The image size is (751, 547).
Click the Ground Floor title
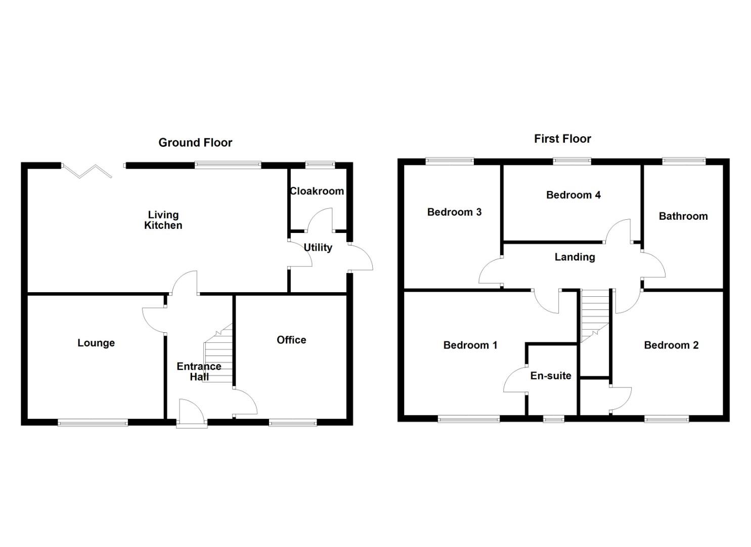click(195, 143)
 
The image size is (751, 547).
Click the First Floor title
click(562, 139)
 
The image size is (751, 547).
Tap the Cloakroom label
click(317, 191)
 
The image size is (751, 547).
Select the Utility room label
click(318, 248)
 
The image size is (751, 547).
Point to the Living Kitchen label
click(163, 220)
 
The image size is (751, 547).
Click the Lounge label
click(96, 343)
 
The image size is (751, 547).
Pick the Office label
click(291, 340)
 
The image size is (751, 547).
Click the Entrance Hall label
click(199, 371)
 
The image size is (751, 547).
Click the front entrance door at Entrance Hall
click(192, 413)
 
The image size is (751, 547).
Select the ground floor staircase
click(218, 355)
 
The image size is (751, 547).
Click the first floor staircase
click(595, 314)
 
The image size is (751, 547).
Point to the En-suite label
click(551, 376)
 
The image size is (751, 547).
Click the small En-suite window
click(553, 419)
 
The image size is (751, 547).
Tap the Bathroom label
click(683, 216)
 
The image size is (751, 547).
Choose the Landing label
click(575, 257)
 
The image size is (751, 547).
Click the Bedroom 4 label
click(573, 195)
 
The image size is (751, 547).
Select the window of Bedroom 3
click(450, 162)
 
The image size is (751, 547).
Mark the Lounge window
click(93, 422)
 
